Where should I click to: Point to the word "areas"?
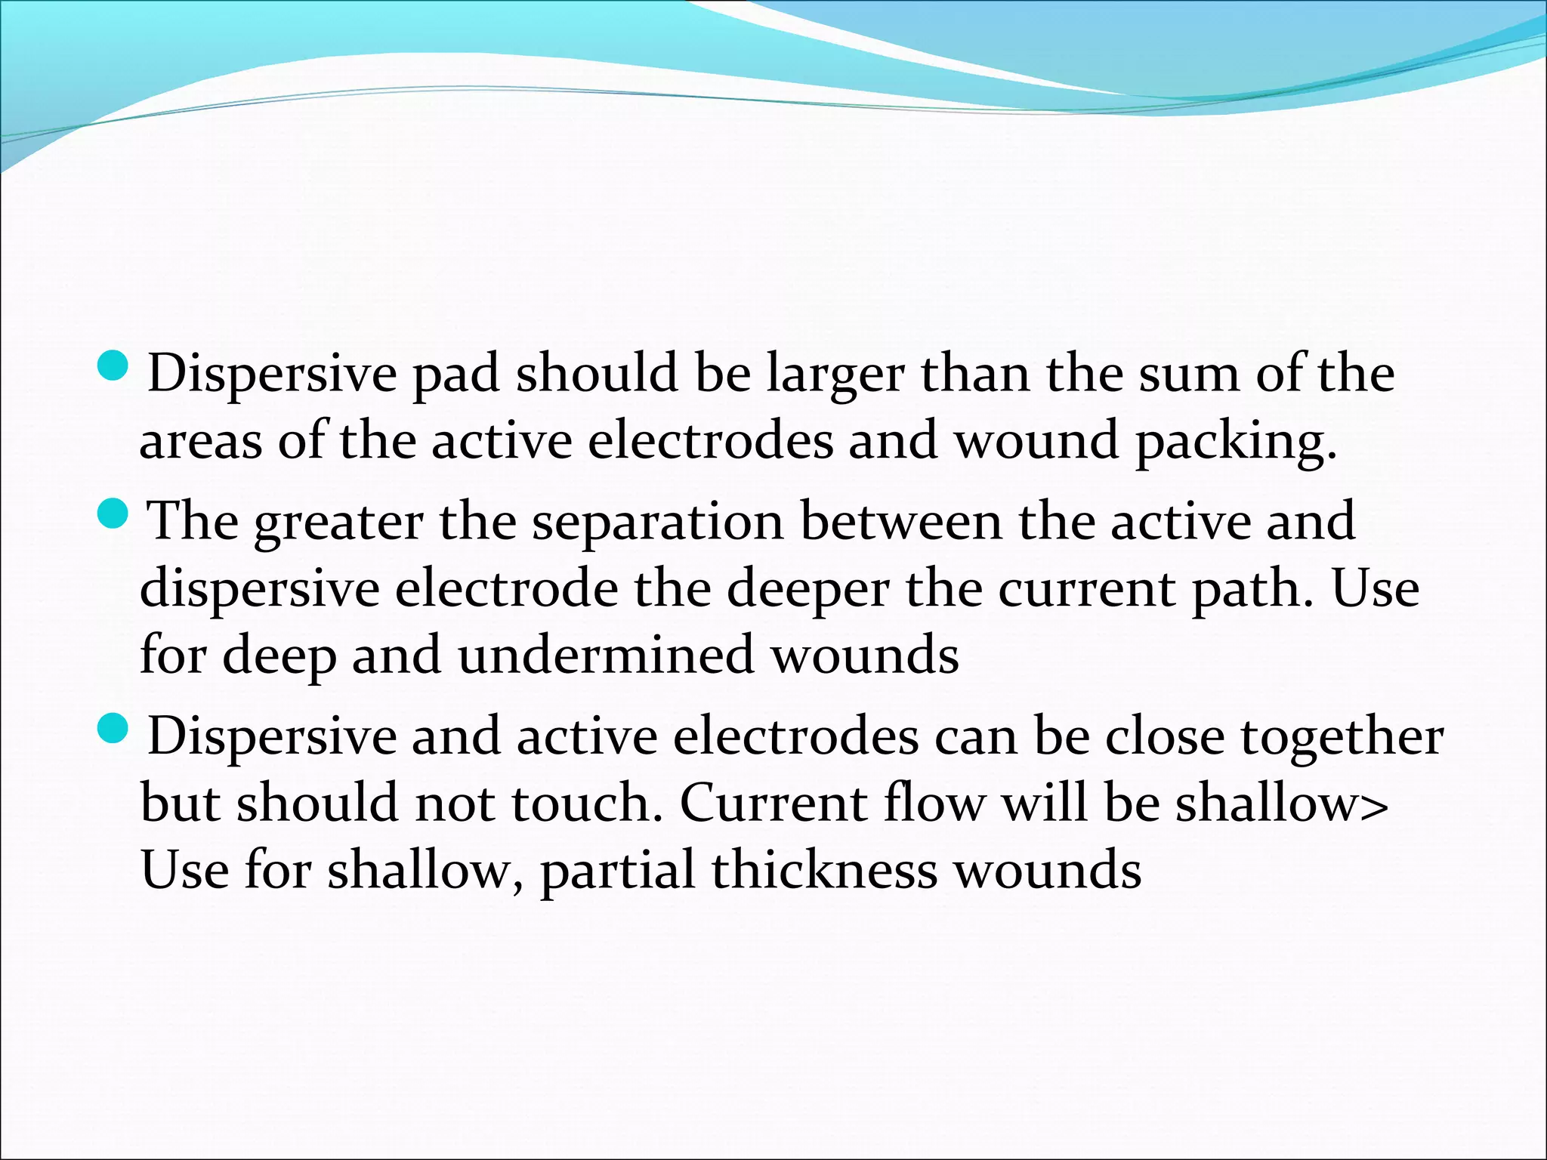[x=200, y=442]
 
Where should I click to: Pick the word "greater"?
[x=338, y=523]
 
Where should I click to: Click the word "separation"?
[x=658, y=523]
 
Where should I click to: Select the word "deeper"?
[x=807, y=590]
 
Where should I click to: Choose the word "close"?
[x=1165, y=736]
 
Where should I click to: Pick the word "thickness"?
[x=824, y=869]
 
